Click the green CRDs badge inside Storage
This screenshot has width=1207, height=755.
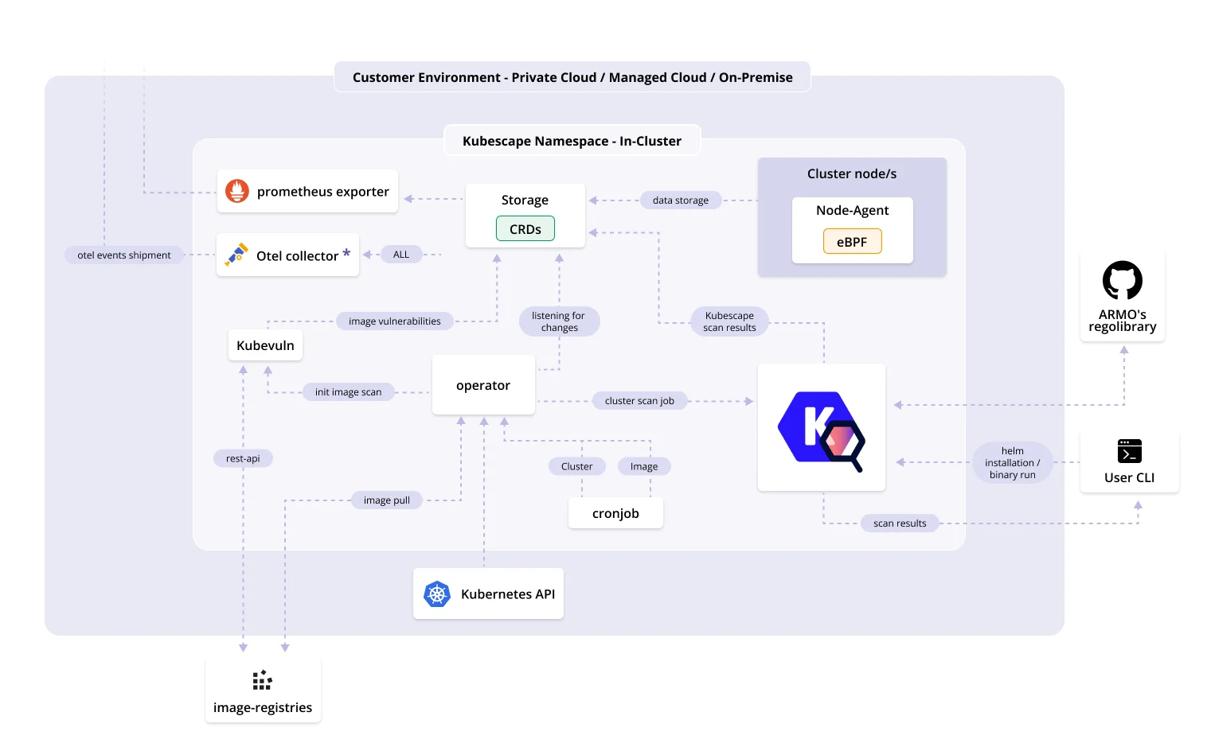525,228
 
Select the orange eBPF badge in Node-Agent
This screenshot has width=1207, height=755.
852,241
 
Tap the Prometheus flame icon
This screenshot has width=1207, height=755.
237,191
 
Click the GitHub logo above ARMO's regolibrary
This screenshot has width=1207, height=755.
1123,280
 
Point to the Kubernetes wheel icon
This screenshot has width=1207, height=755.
437,594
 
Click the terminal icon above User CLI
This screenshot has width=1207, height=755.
1130,451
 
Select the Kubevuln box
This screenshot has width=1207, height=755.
265,345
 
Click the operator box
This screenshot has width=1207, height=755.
483,385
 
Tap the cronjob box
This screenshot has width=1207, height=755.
615,513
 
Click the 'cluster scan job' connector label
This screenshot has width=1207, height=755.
639,401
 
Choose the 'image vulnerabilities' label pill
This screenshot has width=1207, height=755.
394,321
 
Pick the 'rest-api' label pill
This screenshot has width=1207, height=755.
243,458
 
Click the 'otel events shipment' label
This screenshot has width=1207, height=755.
124,255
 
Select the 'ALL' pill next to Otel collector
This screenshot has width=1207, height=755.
401,254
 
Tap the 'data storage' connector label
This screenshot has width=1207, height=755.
681,200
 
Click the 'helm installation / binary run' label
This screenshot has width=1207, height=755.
1013,462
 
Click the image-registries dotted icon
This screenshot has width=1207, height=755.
263,680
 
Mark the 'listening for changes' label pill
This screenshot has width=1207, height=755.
560,321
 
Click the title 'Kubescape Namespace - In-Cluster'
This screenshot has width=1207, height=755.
572,141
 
